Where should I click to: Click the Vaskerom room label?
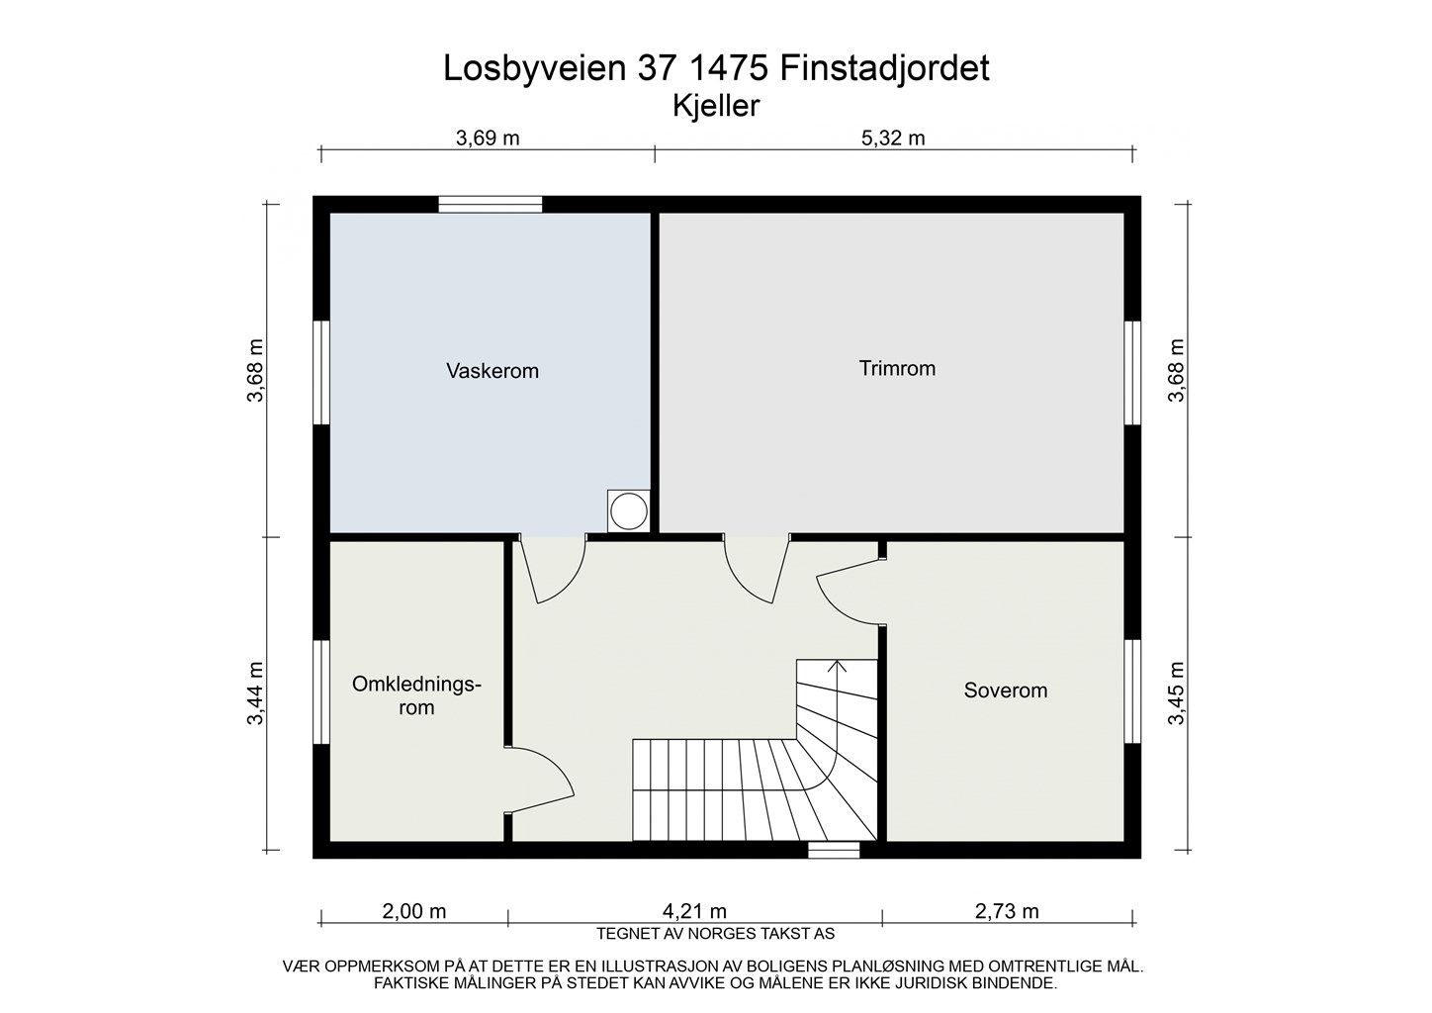[x=492, y=372]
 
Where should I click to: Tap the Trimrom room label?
[x=897, y=369]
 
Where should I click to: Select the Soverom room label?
[x=1005, y=691]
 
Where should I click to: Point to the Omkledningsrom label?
[x=416, y=696]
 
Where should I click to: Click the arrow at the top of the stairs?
[x=837, y=667]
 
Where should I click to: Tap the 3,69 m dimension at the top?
[x=487, y=138]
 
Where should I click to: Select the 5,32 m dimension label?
[x=893, y=138]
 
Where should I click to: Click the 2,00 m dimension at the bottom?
[x=413, y=911]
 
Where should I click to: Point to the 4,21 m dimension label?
[x=694, y=911]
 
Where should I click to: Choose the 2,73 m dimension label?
[x=1007, y=911]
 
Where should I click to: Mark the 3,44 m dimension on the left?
[x=256, y=694]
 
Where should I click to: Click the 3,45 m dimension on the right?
[x=1176, y=694]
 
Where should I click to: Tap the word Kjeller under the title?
[x=715, y=106]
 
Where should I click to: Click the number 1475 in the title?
[x=727, y=68]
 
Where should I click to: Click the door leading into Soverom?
[x=849, y=594]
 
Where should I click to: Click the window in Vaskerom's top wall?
[x=491, y=205]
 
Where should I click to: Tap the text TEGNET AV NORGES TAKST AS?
[x=715, y=933]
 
